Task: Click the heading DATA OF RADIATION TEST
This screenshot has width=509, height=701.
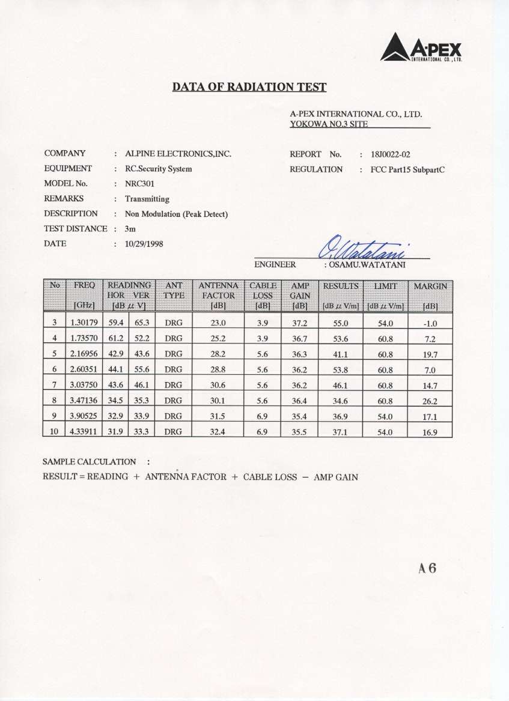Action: coord(249,88)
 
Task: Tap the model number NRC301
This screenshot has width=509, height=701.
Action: coord(139,184)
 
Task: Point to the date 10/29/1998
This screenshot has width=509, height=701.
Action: coord(144,244)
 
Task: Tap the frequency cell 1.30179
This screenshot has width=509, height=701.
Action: coord(81,323)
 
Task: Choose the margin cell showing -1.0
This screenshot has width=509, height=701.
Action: coord(430,323)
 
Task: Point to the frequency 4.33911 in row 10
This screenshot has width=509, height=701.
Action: coord(81,431)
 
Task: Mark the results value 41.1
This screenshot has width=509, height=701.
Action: coord(341,354)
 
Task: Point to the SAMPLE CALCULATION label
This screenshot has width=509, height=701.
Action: coord(90,462)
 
